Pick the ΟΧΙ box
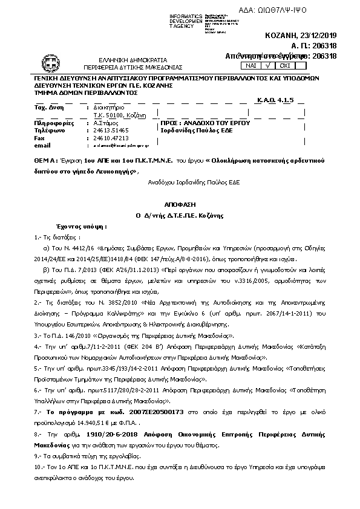point(284,65)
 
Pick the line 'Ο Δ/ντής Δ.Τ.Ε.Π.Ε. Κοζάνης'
point(180,215)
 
